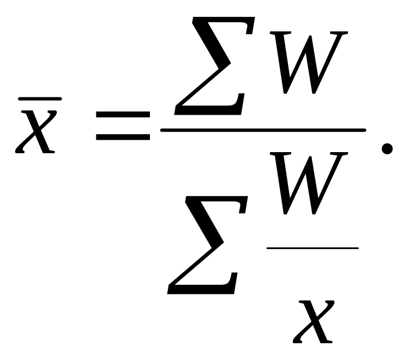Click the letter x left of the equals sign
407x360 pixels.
pyautogui.click(x=36, y=130)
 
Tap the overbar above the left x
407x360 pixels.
pyautogui.click(x=40, y=99)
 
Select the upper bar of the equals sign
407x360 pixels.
pyautogui.click(x=123, y=115)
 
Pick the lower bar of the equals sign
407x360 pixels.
pyautogui.click(x=123, y=138)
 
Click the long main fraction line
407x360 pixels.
pyautogui.click(x=263, y=130)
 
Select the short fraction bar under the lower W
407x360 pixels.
pyautogui.click(x=312, y=248)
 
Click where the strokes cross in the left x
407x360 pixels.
pyautogui.click(x=36, y=130)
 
